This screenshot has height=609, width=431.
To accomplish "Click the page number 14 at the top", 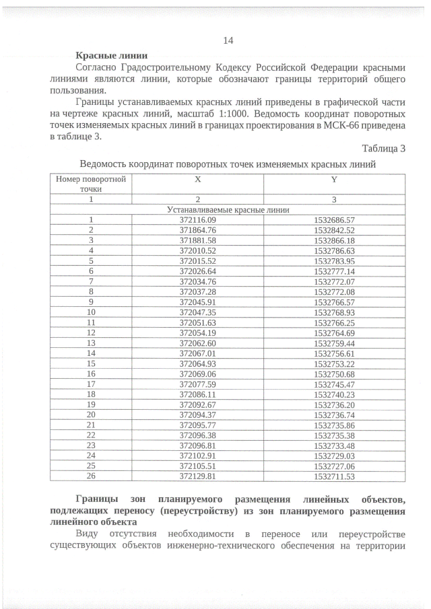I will click(x=228, y=40).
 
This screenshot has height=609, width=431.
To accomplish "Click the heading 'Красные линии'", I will click(x=112, y=55).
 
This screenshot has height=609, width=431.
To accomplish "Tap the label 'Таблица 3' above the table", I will click(x=383, y=149).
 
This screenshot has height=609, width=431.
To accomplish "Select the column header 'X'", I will click(x=197, y=180).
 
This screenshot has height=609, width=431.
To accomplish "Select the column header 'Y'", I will click(x=334, y=180).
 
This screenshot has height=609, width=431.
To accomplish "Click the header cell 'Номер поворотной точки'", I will click(x=91, y=184).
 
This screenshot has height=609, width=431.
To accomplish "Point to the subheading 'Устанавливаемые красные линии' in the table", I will click(x=228, y=209).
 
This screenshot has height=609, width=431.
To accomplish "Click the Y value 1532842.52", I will click(x=334, y=229).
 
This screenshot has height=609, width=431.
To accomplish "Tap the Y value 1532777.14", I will click(x=334, y=270).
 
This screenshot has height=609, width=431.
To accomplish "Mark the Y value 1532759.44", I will click(x=334, y=342).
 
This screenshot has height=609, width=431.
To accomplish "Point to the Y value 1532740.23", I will click(x=334, y=394).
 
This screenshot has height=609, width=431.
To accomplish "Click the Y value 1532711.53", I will click(x=334, y=476).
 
